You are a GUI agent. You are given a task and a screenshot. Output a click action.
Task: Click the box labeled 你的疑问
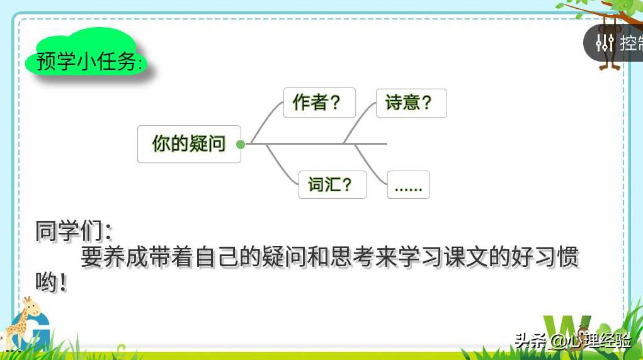pyautogui.click(x=189, y=144)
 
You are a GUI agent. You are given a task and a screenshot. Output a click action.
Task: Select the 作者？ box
pyautogui.click(x=320, y=103)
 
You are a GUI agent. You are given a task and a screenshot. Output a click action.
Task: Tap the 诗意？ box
pyautogui.click(x=411, y=103)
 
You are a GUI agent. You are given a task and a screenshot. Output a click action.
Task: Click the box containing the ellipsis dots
pyautogui.click(x=408, y=185)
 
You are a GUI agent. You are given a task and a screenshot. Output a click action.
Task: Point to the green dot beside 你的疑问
pyautogui.click(x=240, y=144)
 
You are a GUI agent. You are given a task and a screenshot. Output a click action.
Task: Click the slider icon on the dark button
pyautogui.click(x=604, y=43)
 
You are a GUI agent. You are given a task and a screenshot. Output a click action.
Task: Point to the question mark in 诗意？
pyautogui.click(x=426, y=103)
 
